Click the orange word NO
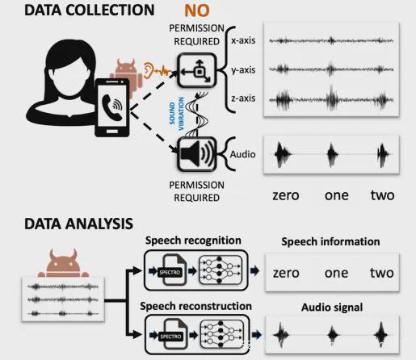197,10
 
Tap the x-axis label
243,40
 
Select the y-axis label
243,70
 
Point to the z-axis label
243,98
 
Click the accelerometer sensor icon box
197,71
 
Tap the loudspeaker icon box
197,154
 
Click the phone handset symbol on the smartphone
111,107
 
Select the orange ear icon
148,70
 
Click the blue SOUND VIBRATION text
177,114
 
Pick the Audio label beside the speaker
242,154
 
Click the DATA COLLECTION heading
90,10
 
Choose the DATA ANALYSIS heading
78,224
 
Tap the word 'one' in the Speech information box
336,274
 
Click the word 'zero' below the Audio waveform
286,195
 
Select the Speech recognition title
193,241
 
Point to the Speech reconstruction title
195,306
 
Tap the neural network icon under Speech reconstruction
221,334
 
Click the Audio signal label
332,308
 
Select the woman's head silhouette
70,70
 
